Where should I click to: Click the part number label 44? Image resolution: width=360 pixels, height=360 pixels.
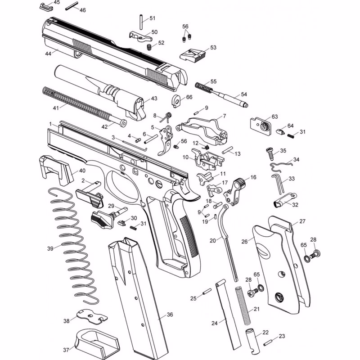48,53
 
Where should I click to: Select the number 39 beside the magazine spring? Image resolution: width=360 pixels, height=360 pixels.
50,248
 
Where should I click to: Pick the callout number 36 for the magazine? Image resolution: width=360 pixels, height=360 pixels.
169,315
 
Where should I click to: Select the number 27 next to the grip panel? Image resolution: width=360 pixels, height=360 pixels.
302,221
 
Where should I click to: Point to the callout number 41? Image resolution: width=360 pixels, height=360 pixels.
56,108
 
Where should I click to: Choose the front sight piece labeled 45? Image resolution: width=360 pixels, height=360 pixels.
45,6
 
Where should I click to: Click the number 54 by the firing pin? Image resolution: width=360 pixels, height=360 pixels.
244,94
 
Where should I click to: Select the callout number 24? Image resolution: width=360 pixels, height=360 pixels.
214,323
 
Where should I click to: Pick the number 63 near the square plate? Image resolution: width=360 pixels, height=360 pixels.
274,117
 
